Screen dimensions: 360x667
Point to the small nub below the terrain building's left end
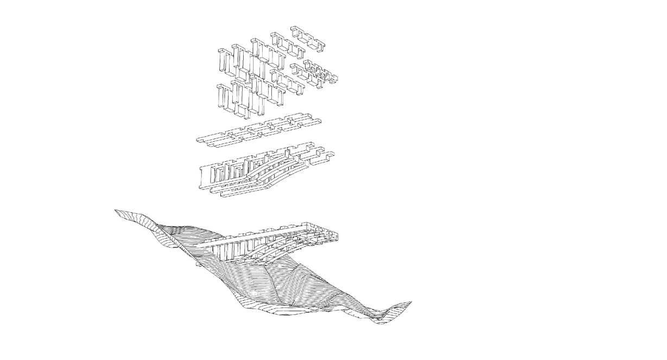click(x=198, y=264)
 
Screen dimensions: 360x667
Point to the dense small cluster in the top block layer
click(x=320, y=73)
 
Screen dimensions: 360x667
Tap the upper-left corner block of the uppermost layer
click(x=223, y=60)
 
